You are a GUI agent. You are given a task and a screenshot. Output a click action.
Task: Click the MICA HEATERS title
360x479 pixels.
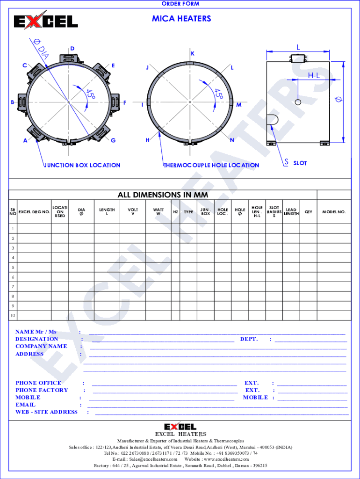[x=181, y=19]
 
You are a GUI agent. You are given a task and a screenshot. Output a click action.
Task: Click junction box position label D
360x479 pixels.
[x=72, y=49]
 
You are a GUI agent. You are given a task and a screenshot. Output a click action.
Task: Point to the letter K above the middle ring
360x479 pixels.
[x=193, y=54]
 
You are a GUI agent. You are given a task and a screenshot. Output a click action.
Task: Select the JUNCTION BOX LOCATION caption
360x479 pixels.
[x=82, y=165]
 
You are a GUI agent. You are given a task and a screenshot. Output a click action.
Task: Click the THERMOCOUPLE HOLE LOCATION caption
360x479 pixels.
[x=211, y=165]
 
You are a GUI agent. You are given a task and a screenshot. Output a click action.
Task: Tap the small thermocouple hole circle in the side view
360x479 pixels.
[x=298, y=102]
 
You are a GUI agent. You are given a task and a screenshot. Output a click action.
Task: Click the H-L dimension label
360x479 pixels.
[x=314, y=75]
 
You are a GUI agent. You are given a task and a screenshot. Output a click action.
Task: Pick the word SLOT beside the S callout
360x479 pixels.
[x=300, y=163]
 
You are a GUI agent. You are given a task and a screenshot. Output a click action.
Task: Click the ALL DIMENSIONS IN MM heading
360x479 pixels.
[x=163, y=195]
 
